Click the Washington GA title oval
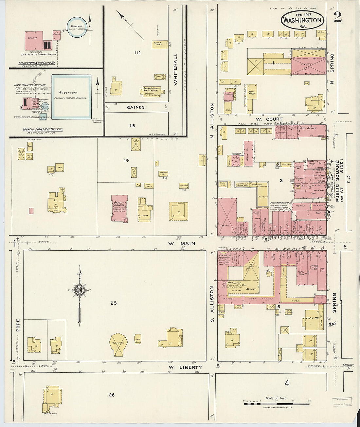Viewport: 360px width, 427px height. click(302, 19)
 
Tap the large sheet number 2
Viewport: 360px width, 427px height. click(337, 17)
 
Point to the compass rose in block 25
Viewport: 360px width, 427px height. click(80, 291)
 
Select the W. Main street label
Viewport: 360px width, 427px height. click(182, 243)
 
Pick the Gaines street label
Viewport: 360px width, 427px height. click(135, 107)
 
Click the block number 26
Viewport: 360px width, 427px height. click(112, 395)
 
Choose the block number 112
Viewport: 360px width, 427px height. click(137, 53)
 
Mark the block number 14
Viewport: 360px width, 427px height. click(126, 160)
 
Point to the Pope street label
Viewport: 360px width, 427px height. click(18, 325)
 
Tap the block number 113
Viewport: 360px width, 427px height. click(132, 126)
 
